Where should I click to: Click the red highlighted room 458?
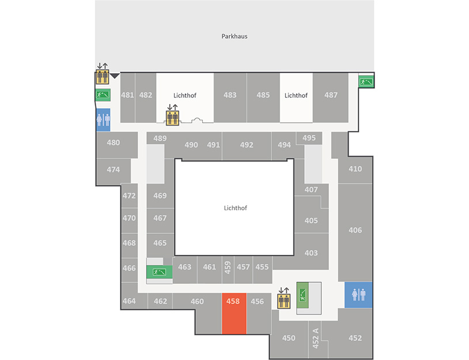[x=234, y=313]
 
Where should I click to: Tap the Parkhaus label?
[x=234, y=36]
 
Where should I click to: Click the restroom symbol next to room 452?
[x=358, y=295]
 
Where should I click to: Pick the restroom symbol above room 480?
[x=103, y=120]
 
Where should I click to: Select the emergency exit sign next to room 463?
[x=159, y=272]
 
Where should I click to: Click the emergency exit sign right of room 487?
[x=366, y=81]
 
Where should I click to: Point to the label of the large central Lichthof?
[x=236, y=208]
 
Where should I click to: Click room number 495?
[x=309, y=138]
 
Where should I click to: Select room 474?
[x=113, y=170]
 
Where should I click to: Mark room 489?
[x=160, y=138]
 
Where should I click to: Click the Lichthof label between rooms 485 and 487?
[x=296, y=96]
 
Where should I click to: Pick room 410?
[x=355, y=169]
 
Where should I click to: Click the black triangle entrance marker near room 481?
[x=115, y=76]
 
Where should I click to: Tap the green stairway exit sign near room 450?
[x=302, y=295]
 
